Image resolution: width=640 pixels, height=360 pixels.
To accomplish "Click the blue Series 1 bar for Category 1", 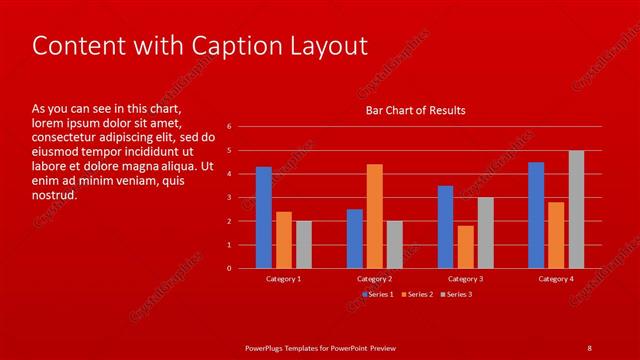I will (x=264, y=217).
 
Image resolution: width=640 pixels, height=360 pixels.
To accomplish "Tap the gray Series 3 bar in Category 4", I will (x=576, y=209).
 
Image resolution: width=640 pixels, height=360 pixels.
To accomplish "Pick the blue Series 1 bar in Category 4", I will (x=536, y=215).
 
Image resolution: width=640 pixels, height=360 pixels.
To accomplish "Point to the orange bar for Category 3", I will (x=465, y=246).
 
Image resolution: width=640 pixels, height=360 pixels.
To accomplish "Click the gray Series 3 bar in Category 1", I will (x=304, y=244).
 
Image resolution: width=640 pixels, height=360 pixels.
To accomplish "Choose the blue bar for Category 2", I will (x=355, y=238).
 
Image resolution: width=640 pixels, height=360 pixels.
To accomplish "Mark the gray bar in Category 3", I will (x=485, y=232).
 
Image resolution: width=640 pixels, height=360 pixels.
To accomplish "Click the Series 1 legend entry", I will (x=378, y=294).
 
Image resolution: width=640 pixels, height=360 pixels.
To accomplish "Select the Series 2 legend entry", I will (x=417, y=294).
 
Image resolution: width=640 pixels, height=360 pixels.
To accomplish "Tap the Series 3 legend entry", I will (x=456, y=294).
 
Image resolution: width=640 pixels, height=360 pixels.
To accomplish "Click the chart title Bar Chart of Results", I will (x=415, y=110).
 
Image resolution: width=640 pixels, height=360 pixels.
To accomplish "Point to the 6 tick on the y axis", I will (x=229, y=127).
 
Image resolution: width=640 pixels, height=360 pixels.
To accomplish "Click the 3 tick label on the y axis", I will (x=229, y=197).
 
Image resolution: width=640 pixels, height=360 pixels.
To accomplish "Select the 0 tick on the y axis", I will (x=229, y=268).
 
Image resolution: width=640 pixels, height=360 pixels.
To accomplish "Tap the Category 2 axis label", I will (x=374, y=279).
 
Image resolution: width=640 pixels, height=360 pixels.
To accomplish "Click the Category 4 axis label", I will (x=556, y=279).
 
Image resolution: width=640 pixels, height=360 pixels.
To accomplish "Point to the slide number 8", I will (x=589, y=347).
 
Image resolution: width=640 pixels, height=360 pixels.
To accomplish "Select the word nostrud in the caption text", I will (x=55, y=194).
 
